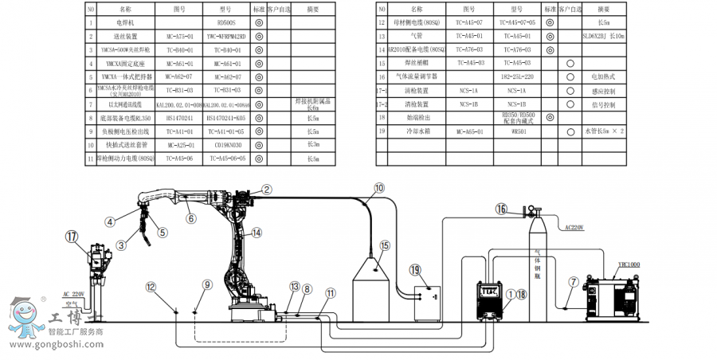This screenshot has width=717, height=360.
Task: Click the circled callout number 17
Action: [x=72, y=236]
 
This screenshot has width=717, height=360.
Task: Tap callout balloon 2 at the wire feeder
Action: [x=267, y=189]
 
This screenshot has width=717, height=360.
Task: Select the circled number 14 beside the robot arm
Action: [x=256, y=233]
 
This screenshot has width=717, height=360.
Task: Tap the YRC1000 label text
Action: [x=629, y=264]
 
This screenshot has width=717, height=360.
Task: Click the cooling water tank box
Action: [x=425, y=300]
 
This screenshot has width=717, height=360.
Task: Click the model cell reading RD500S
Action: [x=226, y=25]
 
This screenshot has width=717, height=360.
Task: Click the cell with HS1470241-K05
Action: [x=226, y=117]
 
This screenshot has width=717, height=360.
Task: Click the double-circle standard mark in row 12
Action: [x=550, y=23]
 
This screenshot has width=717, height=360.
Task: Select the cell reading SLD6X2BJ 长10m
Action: [x=604, y=37]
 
